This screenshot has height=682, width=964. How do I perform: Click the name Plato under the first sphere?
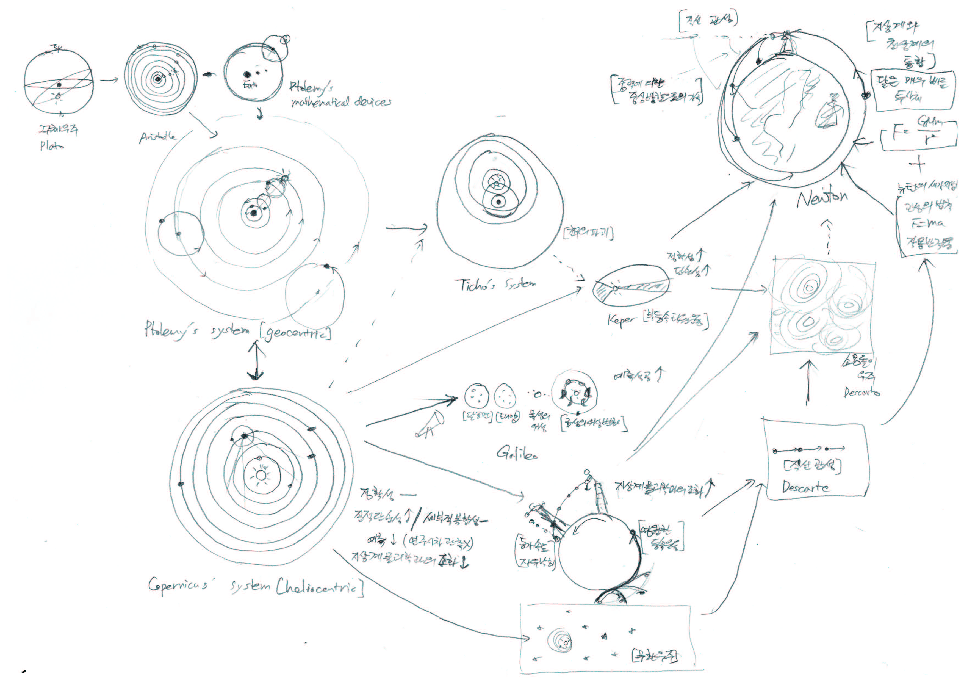coord(52,146)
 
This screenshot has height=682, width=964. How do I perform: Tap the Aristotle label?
coord(157,137)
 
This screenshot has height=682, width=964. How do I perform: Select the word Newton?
coord(822,198)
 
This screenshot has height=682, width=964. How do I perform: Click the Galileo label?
coord(517,453)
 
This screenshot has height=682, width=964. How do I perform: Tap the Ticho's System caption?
coord(495,285)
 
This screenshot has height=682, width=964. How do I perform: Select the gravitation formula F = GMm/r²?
coord(919,134)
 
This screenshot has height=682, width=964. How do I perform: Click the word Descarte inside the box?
coord(805,487)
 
